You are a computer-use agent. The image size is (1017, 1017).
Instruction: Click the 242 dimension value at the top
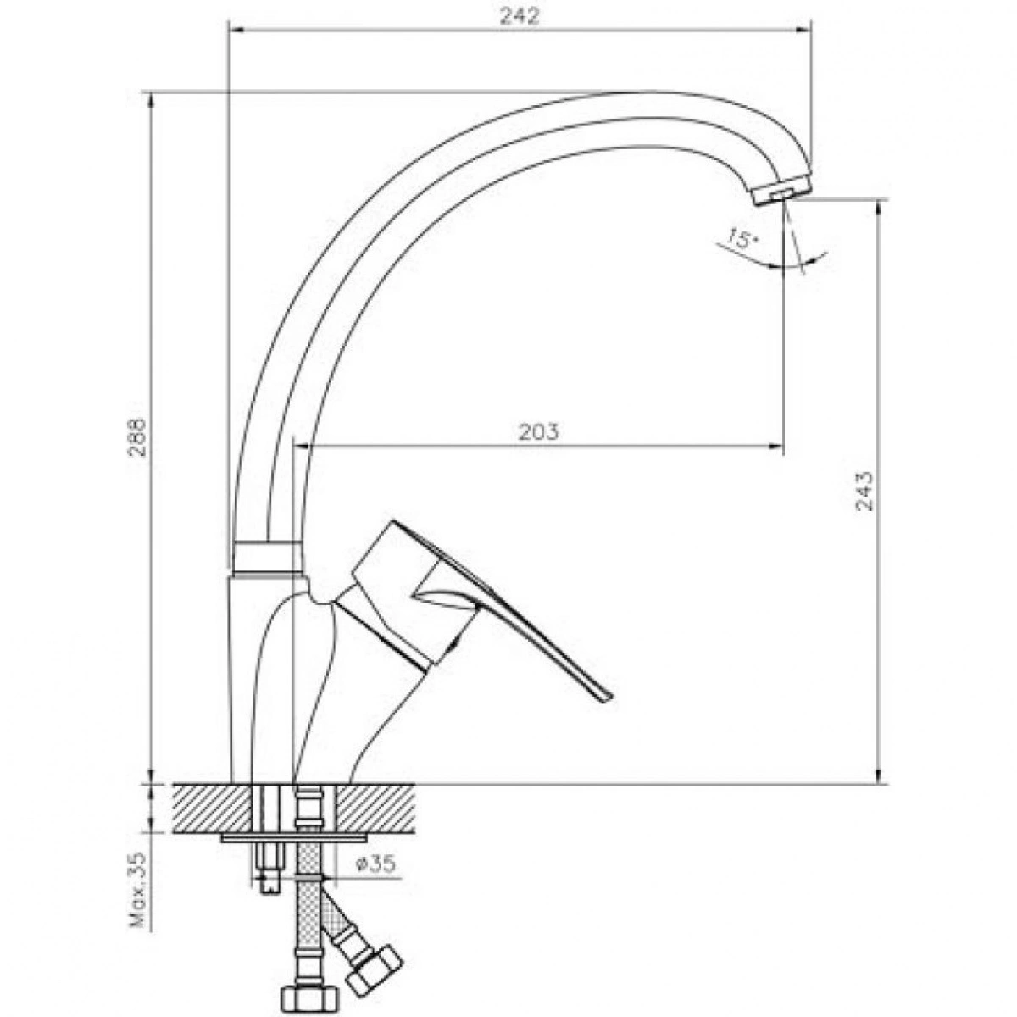point(519,16)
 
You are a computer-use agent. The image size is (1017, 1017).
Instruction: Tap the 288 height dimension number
point(139,438)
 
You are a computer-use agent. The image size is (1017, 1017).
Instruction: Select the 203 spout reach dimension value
point(538,431)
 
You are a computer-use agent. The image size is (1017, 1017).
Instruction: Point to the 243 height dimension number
point(864,491)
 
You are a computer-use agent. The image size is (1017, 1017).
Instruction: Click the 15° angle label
point(741,239)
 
